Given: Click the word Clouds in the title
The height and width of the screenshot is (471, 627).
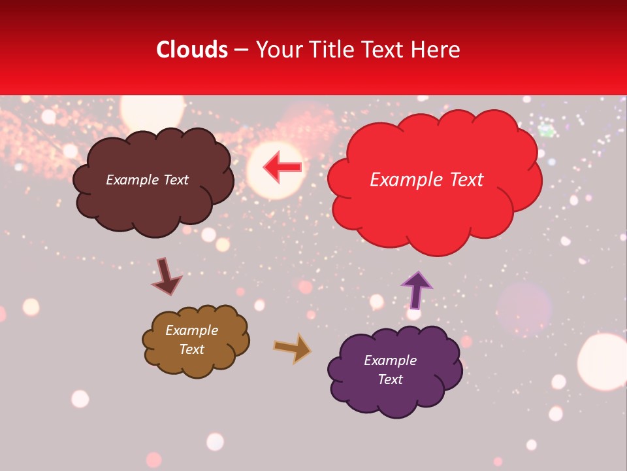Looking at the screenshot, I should tap(192, 50).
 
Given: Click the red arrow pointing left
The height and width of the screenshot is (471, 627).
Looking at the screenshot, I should tap(283, 167).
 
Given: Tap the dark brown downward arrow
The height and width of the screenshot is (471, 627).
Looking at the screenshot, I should tap(166, 277).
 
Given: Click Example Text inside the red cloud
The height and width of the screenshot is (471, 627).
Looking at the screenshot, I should tap(426, 180).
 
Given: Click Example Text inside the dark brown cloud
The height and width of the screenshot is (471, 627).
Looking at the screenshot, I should tap(147, 180).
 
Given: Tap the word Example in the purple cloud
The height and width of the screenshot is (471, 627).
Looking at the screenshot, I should tap(390, 360).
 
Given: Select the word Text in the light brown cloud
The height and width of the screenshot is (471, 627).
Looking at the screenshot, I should tap(192, 349).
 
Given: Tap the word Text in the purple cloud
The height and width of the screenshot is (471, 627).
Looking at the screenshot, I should tap(390, 379).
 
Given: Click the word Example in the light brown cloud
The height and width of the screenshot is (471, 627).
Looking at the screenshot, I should tap(192, 330).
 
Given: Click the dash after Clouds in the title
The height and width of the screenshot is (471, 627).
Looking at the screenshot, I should tap(241, 50).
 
